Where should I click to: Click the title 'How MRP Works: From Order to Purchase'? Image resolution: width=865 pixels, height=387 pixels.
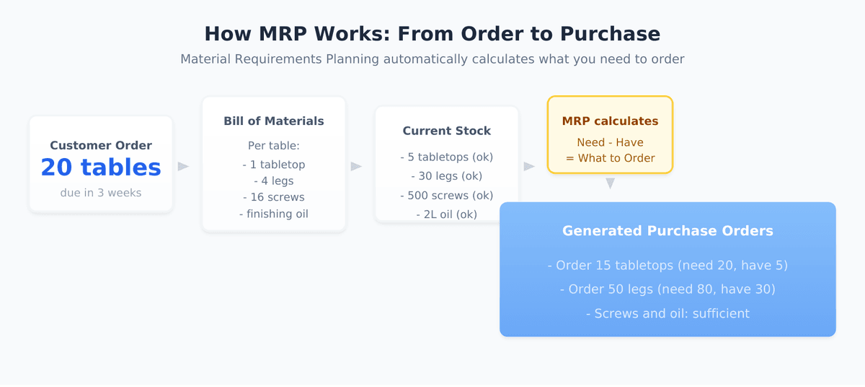pos(432,34)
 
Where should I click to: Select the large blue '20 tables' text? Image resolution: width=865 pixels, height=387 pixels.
pos(101,168)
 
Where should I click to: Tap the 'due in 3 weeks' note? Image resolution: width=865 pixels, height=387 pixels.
pos(101,193)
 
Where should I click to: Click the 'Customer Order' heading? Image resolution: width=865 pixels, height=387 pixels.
pos(101,146)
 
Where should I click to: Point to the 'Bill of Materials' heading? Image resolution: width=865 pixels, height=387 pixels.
pos(274,121)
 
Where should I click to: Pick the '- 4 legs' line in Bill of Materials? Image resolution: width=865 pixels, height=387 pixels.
pos(274,181)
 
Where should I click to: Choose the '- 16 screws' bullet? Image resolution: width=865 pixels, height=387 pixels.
pos(274,197)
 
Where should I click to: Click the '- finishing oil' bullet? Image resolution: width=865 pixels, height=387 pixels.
pos(274,214)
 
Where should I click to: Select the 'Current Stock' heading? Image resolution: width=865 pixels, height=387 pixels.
pos(447,131)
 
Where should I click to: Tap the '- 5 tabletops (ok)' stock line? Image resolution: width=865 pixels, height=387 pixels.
pos(447,157)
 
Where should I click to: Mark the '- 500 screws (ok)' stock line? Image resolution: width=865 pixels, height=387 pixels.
pos(447,196)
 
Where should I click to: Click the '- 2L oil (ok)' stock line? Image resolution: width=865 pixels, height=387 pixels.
pos(447,214)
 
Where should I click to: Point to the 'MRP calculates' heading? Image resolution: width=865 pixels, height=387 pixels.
pos(610,121)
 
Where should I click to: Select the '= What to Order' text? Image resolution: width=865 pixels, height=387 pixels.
pos(610,158)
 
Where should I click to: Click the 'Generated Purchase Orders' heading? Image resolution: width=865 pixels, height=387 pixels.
pos(667,231)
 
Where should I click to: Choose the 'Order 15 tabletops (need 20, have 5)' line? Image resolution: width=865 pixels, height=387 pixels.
pos(667,266)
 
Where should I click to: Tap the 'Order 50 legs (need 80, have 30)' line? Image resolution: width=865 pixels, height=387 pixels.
pos(667,290)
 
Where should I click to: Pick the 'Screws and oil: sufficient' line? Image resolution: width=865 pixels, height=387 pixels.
pos(667,313)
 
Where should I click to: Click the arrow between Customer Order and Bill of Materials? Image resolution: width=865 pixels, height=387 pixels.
pos(183,167)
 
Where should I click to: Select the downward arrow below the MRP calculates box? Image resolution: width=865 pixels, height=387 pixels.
pos(610,183)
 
